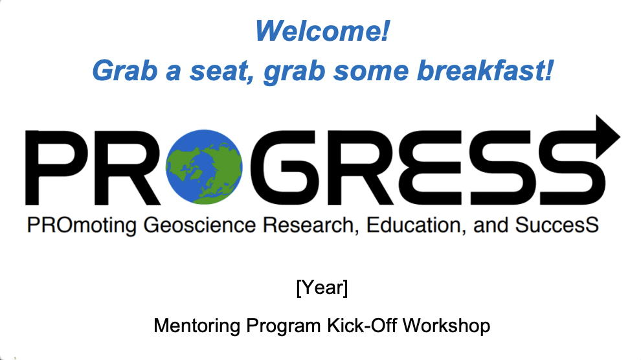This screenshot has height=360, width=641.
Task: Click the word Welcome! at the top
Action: [x=322, y=30]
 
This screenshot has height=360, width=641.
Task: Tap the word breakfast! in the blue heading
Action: [x=485, y=71]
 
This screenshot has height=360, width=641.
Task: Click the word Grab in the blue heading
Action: [x=125, y=71]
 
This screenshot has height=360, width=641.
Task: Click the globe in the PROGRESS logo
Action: [x=204, y=166]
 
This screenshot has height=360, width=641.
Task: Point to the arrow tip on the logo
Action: [x=620, y=137]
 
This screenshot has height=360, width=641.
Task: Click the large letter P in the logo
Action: [x=57, y=168]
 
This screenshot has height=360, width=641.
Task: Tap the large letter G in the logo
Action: [x=283, y=168]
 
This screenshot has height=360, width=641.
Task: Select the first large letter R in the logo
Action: [x=127, y=168]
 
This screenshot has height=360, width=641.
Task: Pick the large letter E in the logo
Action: [x=435, y=168]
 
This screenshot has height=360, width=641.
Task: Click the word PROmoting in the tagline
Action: [x=82, y=225]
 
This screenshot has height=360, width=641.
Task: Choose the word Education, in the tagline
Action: [x=416, y=225]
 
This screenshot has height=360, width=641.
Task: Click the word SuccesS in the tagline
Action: [x=557, y=225]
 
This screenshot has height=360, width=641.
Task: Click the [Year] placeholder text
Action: [x=322, y=287]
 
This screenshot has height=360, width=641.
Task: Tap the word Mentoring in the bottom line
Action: [x=197, y=326]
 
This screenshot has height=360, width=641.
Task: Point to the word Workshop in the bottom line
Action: [x=446, y=326]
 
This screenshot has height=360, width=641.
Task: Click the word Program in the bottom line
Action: [x=284, y=326]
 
